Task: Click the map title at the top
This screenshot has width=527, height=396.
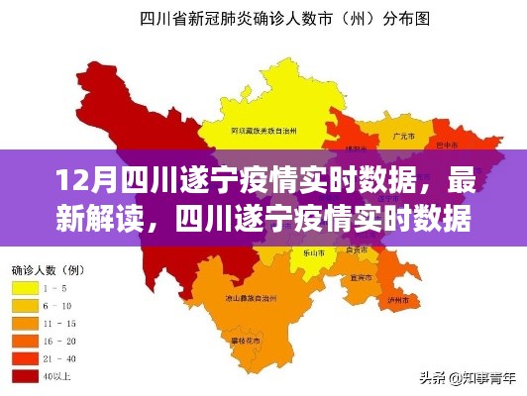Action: click(x=263, y=17)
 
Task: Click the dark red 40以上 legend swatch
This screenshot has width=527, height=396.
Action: click(x=24, y=374)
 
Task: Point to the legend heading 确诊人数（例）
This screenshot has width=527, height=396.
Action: click(x=48, y=268)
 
